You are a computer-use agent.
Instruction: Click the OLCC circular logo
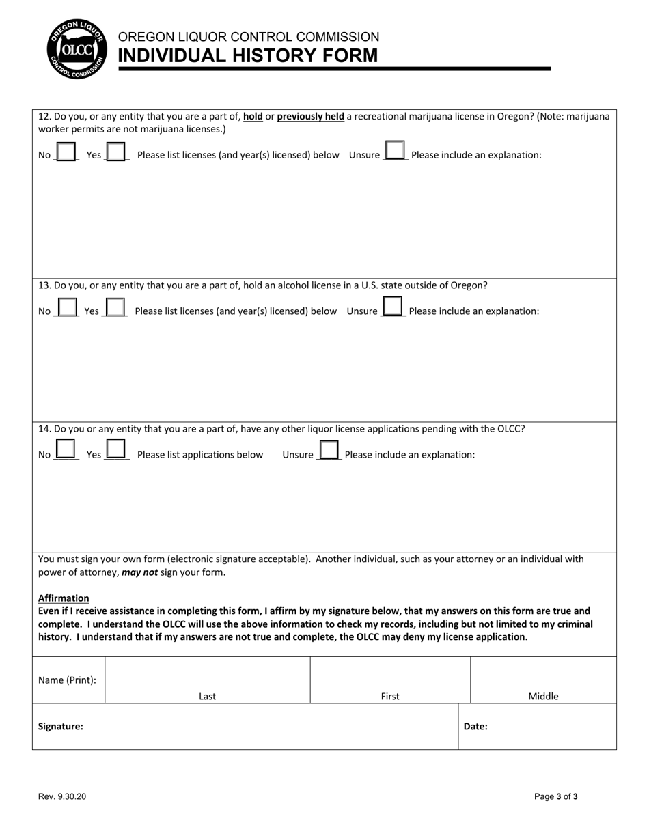point(76,48)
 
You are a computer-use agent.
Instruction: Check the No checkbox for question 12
point(66,152)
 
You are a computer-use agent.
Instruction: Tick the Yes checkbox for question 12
point(116,152)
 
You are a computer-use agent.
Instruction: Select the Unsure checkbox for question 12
point(396,150)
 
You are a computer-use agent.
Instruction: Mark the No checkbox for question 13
point(67,307)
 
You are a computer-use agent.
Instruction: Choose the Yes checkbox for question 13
point(115,307)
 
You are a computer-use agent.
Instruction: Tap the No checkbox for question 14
point(66,449)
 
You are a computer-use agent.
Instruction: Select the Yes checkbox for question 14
point(116,449)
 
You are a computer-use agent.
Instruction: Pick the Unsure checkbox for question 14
point(329,450)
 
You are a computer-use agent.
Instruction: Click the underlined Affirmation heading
point(64,598)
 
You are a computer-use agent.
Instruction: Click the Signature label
point(61,727)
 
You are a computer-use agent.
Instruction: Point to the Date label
point(475,727)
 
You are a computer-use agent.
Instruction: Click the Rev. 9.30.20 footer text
point(62,796)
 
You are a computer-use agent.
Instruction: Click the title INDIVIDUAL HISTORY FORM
point(248,56)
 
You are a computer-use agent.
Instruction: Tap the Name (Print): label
point(67,680)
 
